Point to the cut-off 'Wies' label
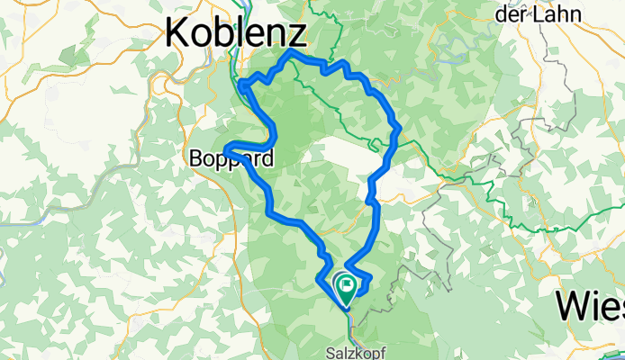coord(590,306)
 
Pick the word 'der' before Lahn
coord(513,14)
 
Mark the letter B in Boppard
coord(195,159)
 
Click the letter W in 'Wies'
coord(573,306)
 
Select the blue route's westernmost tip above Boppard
coord(225,148)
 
